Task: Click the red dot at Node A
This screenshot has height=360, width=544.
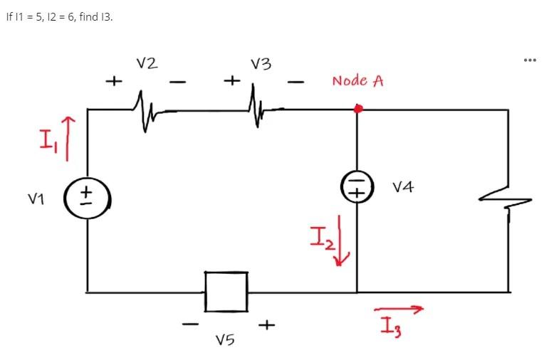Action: click(x=358, y=109)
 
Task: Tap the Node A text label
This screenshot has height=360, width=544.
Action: click(x=357, y=80)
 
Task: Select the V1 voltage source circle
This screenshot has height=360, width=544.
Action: click(x=87, y=194)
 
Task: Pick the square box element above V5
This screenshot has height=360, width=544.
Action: click(x=226, y=291)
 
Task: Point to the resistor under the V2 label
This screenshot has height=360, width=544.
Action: click(x=148, y=110)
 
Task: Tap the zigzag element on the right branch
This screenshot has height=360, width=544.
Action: click(x=508, y=201)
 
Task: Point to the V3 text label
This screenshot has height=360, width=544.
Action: click(x=261, y=64)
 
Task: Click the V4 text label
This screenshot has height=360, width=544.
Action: click(x=403, y=188)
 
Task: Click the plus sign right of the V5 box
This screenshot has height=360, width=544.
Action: click(x=266, y=325)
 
